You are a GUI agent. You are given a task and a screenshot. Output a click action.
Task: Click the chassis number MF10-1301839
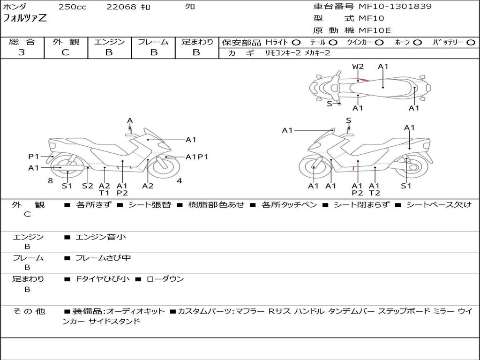point(395,6)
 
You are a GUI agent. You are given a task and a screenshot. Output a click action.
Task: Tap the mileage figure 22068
point(121,7)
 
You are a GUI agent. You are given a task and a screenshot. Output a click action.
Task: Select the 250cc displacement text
point(73,7)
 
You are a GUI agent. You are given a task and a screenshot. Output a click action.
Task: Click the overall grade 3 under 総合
point(22,52)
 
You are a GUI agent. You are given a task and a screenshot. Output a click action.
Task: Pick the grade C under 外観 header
point(65,52)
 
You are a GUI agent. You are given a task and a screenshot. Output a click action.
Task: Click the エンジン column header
point(109,42)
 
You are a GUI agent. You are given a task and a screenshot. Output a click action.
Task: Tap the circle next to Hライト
point(296,43)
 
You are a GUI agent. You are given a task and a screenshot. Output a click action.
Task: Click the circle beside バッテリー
point(471,43)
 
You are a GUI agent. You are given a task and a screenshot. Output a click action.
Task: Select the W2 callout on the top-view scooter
point(358,67)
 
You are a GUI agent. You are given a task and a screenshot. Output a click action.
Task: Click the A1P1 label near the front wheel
point(197,157)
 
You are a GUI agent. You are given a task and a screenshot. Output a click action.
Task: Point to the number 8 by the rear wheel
point(51,180)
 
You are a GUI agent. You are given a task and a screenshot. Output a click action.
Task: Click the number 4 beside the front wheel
point(179,180)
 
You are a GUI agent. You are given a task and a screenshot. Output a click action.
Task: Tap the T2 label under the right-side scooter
point(375,193)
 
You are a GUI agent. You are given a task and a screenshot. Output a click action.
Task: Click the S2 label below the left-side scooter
point(88,186)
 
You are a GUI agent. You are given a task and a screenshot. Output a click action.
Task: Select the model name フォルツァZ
point(25,18)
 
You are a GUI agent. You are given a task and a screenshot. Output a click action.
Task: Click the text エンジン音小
point(101,237)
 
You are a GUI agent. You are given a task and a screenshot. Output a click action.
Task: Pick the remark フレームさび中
point(103,258)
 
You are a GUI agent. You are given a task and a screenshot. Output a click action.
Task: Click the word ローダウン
point(165,279)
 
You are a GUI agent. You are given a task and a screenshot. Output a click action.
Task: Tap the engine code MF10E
point(375,30)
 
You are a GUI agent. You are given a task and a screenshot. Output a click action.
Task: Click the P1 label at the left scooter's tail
point(34,157)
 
